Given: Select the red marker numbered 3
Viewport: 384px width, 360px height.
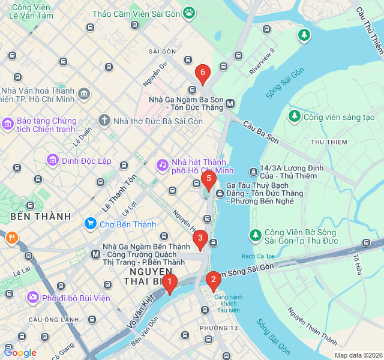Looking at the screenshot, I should [x=200, y=239].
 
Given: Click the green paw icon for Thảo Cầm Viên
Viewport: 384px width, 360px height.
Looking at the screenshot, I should [x=189, y=11].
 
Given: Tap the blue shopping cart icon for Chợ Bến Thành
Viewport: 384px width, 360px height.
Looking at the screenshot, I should [x=91, y=224].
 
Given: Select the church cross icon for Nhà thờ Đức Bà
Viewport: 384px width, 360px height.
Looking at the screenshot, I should [x=104, y=121].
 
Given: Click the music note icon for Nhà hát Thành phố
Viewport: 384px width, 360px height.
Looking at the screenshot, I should [x=163, y=164].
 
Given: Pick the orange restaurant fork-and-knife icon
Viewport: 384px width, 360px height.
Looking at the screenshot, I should [x=11, y=238].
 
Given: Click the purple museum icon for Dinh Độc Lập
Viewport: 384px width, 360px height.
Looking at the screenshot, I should [x=53, y=160].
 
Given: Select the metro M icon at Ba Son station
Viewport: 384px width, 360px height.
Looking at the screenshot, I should [x=230, y=104].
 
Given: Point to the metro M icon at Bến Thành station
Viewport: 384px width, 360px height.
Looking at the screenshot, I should [x=95, y=254].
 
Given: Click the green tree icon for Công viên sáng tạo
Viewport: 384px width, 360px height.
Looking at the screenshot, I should [x=294, y=116].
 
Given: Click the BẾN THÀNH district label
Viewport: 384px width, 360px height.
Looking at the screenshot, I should [x=40, y=216].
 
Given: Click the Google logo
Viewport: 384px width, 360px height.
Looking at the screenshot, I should [x=20, y=353].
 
